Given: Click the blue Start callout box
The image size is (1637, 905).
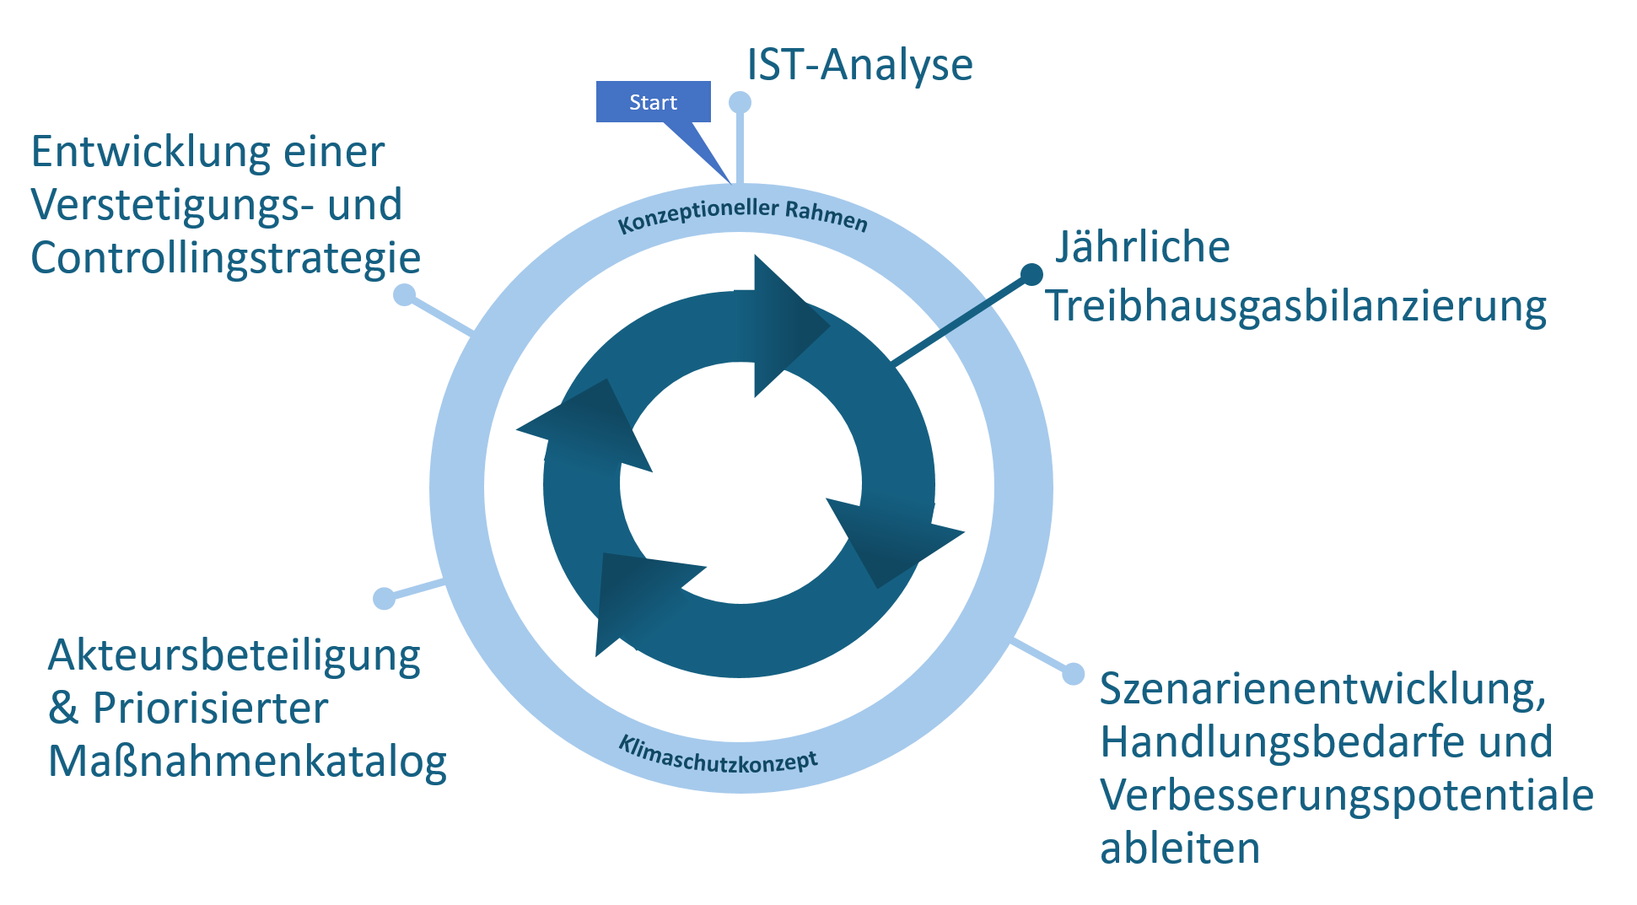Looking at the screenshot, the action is coord(653,102).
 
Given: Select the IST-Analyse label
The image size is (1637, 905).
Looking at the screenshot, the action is coord(859,65).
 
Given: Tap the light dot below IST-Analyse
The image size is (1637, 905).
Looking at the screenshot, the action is coord(740,102).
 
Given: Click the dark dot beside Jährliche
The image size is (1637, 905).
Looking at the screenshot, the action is coord(1031,274).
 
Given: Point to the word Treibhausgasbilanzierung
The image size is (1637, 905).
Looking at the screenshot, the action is coord(1296,305).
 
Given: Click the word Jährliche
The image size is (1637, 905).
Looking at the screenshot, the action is coord(1143,246).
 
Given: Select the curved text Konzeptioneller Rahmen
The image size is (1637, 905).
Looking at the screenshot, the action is coord(743,216).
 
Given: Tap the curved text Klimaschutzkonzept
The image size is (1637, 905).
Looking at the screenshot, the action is coord(719,755).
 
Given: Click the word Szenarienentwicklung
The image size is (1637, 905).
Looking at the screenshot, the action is coord(1323,689).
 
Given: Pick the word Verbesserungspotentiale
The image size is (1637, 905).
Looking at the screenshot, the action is coord(1347,795).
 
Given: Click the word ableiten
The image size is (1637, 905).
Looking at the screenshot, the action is coord(1180,848).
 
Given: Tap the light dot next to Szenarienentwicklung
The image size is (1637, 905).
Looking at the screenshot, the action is coord(1073,674).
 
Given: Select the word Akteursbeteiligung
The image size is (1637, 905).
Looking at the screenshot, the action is coord(234,657).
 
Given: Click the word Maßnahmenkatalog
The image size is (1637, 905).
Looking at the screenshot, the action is coord(248,762).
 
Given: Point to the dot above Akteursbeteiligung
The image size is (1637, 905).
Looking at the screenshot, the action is coord(384,598).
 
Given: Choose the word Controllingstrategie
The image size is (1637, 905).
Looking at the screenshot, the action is coord(226,258).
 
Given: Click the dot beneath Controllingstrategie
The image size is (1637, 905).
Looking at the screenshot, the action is coord(405,294).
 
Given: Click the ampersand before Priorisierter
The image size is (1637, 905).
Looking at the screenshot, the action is coord(63,708).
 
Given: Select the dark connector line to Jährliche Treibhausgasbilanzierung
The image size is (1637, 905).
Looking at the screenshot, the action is coord(961,320).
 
